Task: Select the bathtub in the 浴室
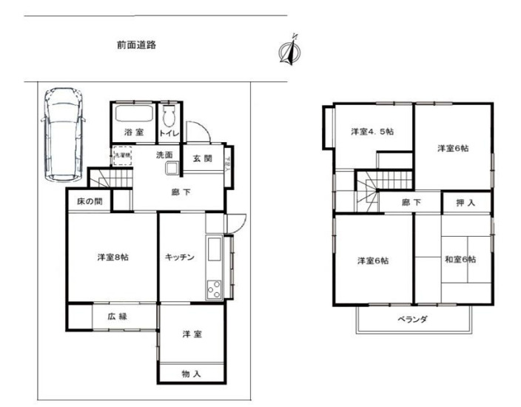134,116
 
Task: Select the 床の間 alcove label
89,201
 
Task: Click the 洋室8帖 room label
112,258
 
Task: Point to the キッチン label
180,258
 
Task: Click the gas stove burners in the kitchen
214,287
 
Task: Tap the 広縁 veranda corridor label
117,317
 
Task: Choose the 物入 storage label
191,374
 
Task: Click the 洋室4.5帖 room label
372,132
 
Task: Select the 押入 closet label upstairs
465,202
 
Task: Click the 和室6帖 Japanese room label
460,260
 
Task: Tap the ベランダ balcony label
413,319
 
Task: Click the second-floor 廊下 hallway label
411,202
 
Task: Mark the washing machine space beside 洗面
121,158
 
